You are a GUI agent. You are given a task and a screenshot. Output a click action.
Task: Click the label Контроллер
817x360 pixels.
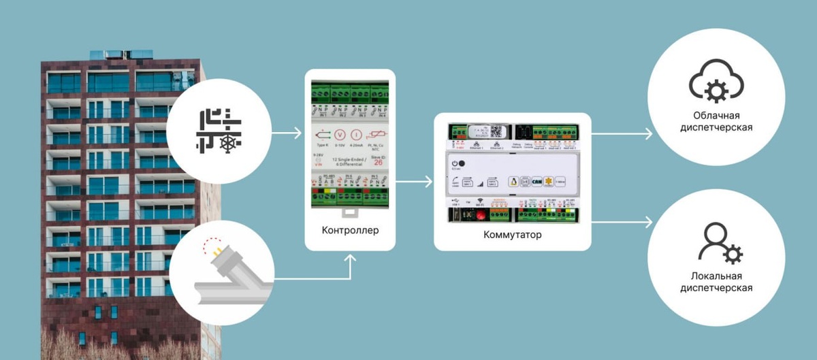pyautogui.click(x=350, y=230)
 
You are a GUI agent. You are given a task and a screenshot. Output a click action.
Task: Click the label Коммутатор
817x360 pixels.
pyautogui.click(x=512, y=235)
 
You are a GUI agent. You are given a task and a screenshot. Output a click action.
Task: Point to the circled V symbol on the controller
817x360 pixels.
pyautogui.click(x=342, y=135)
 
